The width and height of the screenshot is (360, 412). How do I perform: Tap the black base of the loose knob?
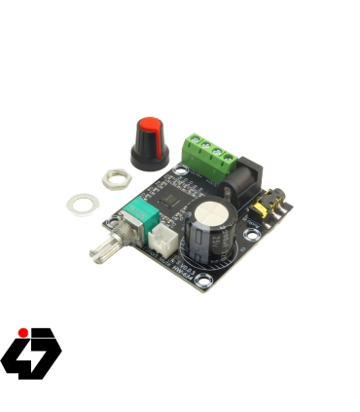point(150,153)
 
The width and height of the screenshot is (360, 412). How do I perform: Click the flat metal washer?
point(81,204)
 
